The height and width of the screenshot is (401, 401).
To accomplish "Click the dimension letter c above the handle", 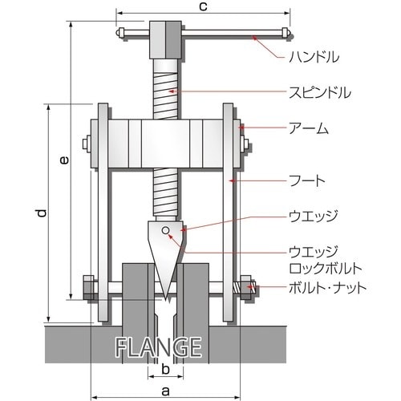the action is [x=203, y=6].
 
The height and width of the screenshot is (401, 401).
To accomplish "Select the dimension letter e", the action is [x=64, y=160].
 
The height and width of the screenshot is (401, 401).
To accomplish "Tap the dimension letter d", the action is [x=42, y=213].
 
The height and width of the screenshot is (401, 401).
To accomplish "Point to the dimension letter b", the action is [x=166, y=370].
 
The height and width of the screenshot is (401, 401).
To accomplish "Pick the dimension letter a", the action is [x=165, y=391].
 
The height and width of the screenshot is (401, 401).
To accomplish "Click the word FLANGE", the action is [x=158, y=347].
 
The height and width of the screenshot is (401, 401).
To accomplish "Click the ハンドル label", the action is [x=314, y=57].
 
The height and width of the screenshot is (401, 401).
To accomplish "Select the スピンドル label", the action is [x=320, y=92].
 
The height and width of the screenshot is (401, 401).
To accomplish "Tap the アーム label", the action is [x=309, y=128].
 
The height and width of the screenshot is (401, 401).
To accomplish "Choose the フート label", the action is [x=307, y=180].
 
